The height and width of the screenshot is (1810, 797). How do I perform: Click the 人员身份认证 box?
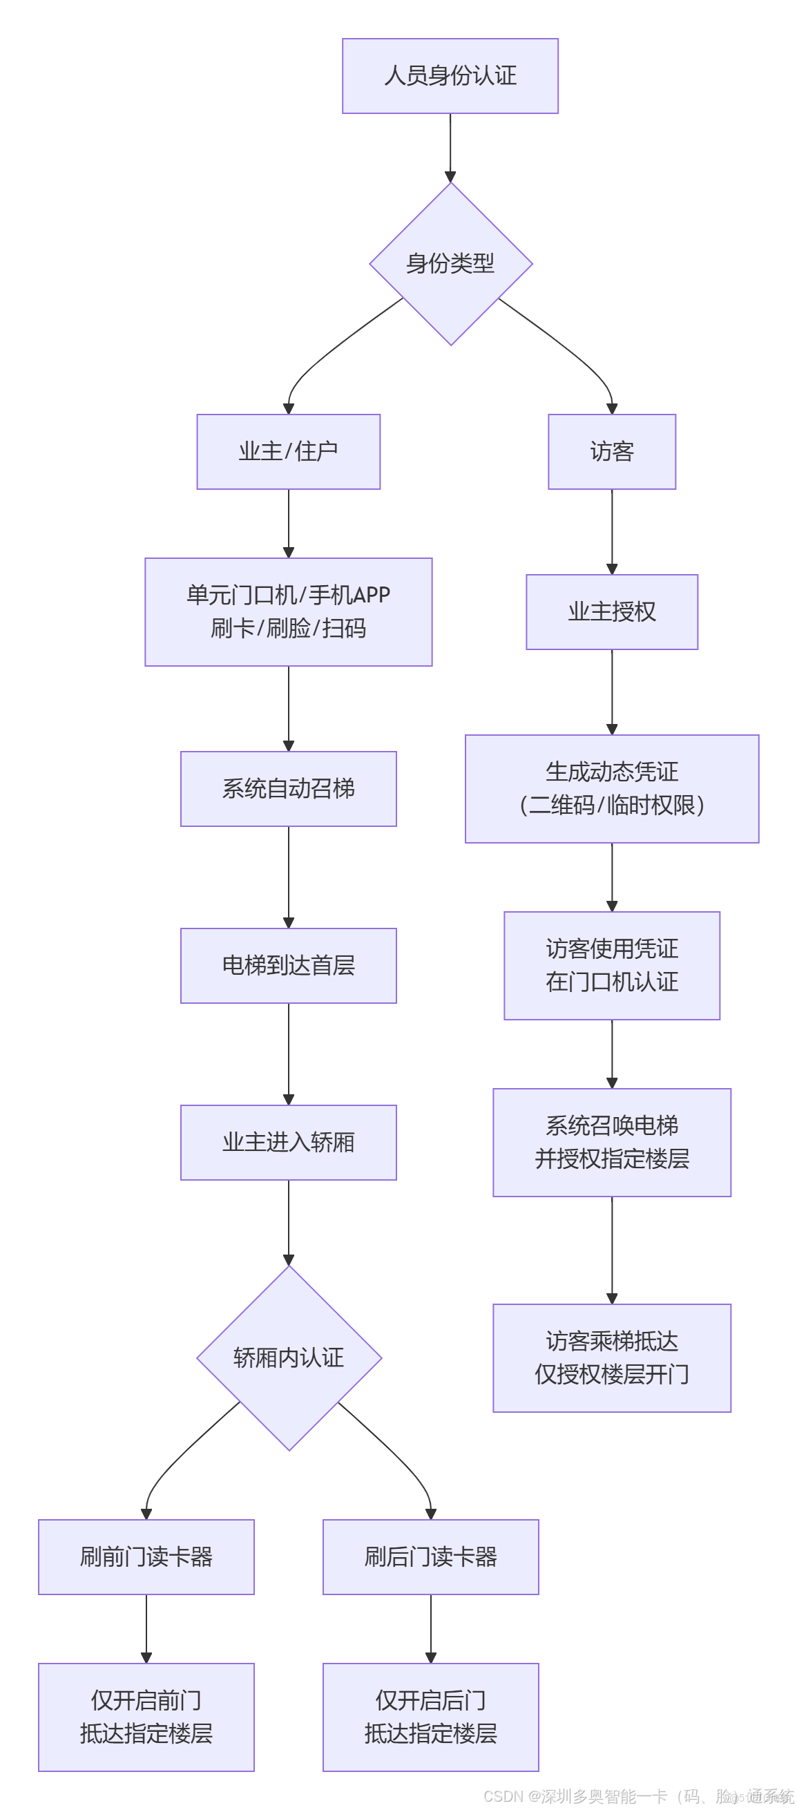coord(450,76)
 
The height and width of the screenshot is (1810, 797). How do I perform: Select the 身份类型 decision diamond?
coord(450,264)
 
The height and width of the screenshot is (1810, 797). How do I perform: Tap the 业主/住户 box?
coord(288,451)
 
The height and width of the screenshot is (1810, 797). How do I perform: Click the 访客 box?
coord(611,451)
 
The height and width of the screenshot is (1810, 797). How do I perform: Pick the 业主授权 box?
coord(611,611)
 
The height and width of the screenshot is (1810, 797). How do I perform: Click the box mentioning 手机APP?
coord(288,611)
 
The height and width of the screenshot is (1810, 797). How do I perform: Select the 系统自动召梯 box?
coord(288,788)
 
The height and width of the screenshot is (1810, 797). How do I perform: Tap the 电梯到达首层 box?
coord(288,965)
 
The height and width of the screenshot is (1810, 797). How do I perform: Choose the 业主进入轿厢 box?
coord(288,1142)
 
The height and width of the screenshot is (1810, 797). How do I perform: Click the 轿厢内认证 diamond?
coord(289,1357)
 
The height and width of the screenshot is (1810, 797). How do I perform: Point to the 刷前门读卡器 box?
coord(146,1556)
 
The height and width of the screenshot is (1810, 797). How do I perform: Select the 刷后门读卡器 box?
coord(430,1556)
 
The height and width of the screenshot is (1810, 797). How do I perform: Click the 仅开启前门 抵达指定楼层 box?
coord(146,1717)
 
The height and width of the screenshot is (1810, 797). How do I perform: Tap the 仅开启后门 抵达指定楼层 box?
coord(430,1717)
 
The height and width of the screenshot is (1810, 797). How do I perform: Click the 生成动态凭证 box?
coord(611,788)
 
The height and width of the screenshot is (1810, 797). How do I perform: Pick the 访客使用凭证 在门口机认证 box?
coord(611,965)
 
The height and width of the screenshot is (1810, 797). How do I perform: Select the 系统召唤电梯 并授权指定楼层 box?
coord(611,1142)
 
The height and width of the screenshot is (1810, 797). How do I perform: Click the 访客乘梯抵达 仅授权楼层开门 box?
coord(611,1357)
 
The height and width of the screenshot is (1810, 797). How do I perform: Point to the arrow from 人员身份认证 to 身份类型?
coord(450,148)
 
